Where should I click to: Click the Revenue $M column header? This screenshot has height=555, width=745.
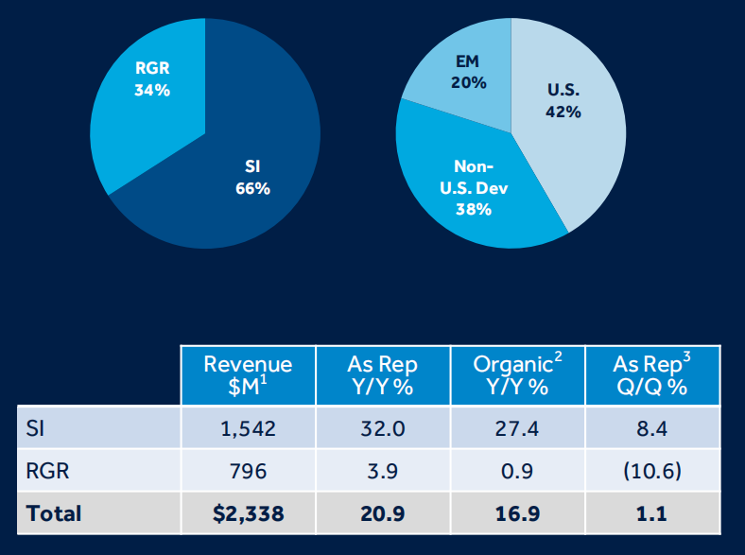pyautogui.click(x=248, y=376)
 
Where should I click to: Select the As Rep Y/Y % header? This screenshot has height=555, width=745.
pyautogui.click(x=383, y=376)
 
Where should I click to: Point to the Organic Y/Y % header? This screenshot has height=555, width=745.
pyautogui.click(x=517, y=376)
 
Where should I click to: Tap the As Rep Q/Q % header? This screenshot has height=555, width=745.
pyautogui.click(x=652, y=376)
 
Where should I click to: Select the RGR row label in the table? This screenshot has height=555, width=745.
pyautogui.click(x=46, y=471)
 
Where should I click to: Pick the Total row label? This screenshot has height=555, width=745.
pyautogui.click(x=54, y=513)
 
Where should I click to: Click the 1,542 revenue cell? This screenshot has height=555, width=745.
pyautogui.click(x=248, y=429)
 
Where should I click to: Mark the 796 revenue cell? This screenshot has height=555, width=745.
pyautogui.click(x=248, y=471)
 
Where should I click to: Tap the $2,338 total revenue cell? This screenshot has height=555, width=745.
pyautogui.click(x=248, y=513)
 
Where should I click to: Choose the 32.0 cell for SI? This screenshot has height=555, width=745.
pyautogui.click(x=383, y=429)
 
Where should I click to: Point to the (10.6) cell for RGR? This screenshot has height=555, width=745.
pyautogui.click(x=652, y=471)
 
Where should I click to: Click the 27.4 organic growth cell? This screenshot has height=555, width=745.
pyautogui.click(x=517, y=429)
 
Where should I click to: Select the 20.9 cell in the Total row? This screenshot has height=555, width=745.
pyautogui.click(x=383, y=513)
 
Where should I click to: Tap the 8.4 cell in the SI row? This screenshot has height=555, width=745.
pyautogui.click(x=652, y=429)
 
